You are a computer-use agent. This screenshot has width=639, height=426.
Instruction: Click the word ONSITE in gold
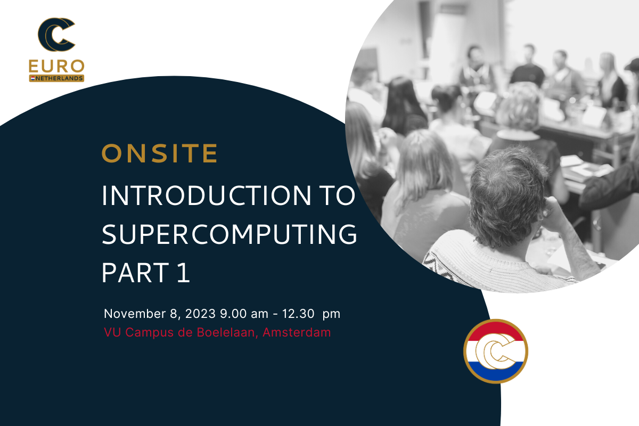pyautogui.click(x=160, y=153)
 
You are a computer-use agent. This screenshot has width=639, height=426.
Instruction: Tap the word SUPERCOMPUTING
pyautogui.click(x=230, y=234)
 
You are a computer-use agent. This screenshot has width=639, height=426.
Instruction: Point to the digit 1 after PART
pyautogui.click(x=183, y=273)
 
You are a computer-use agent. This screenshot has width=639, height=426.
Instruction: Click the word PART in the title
pyautogui.click(x=135, y=273)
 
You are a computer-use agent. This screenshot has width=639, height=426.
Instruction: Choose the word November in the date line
pyautogui.click(x=135, y=314)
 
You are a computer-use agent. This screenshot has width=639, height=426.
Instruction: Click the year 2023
pyautogui.click(x=200, y=314)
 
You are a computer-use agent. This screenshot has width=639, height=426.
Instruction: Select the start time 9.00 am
pyautogui.click(x=244, y=314)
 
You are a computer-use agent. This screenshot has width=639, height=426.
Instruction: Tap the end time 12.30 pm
pyautogui.click(x=311, y=314)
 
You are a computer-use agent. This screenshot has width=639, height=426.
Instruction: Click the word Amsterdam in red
pyautogui.click(x=297, y=332)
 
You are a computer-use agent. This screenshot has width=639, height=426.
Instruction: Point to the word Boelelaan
pyautogui.click(x=227, y=332)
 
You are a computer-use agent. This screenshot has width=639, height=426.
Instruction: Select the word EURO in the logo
pyautogui.click(x=56, y=67)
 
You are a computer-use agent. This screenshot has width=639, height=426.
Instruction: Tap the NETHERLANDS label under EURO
pyautogui.click(x=59, y=78)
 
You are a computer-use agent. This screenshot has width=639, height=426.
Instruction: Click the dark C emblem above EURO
pyautogui.click(x=56, y=35)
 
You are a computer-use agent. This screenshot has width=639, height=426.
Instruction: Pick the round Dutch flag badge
pyautogui.click(x=496, y=351)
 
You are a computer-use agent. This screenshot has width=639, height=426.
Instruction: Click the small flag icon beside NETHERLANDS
pyautogui.click(x=33, y=78)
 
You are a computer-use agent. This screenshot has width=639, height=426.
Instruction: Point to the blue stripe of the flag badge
pyautogui.click(x=496, y=372)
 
